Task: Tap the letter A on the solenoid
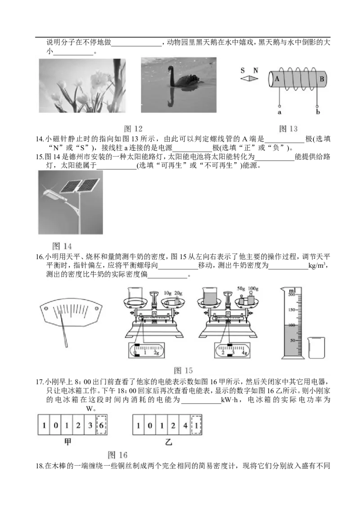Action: pyautogui.click(x=277, y=78)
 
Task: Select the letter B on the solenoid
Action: pyautogui.click(x=322, y=79)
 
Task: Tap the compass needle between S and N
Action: pyautogui.click(x=249, y=78)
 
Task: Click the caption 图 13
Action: pyautogui.click(x=288, y=129)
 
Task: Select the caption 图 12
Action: pyautogui.click(x=133, y=129)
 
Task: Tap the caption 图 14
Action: pyautogui.click(x=62, y=246)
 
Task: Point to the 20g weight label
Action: pyautogui.click(x=178, y=293)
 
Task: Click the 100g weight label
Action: pyautogui.click(x=253, y=288)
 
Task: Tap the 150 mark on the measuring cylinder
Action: pyautogui.click(x=292, y=310)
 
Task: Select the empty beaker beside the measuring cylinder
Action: pyautogui.click(x=316, y=347)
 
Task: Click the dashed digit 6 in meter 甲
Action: pyautogui.click(x=101, y=425)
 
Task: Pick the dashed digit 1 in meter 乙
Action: pyautogui.click(x=196, y=425)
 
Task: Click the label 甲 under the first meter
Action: pyautogui.click(x=67, y=441)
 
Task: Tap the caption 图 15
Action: pyautogui.click(x=183, y=370)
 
